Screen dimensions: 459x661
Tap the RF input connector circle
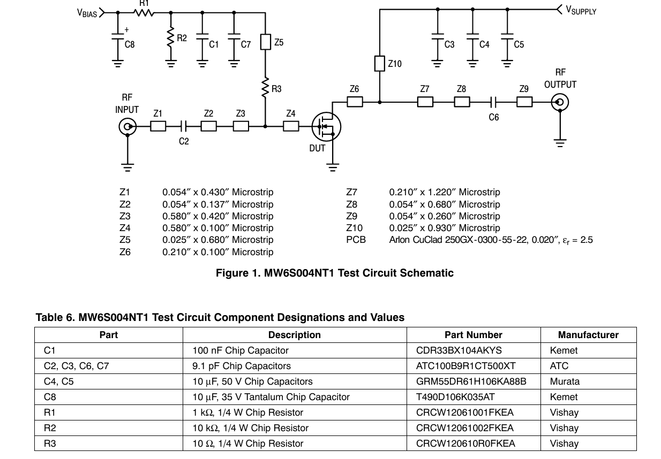[x=127, y=127]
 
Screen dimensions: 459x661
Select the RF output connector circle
[x=560, y=102]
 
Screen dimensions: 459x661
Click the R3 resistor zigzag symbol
[x=265, y=89]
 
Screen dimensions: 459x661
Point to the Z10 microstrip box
[x=379, y=64]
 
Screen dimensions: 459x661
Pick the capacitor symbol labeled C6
[x=494, y=102]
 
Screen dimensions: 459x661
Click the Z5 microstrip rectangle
[x=265, y=42]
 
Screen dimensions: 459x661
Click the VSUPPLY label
[x=581, y=11]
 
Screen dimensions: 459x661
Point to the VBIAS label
[x=87, y=13]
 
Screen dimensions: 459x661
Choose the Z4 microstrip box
[x=291, y=126]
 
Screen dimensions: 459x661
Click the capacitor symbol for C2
[x=184, y=126]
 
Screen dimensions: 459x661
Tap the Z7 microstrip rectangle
[x=425, y=102]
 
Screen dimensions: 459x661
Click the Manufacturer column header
[x=588, y=335]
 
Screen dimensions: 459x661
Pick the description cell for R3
[x=247, y=443]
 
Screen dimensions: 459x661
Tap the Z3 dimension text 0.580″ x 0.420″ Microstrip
[x=217, y=216]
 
